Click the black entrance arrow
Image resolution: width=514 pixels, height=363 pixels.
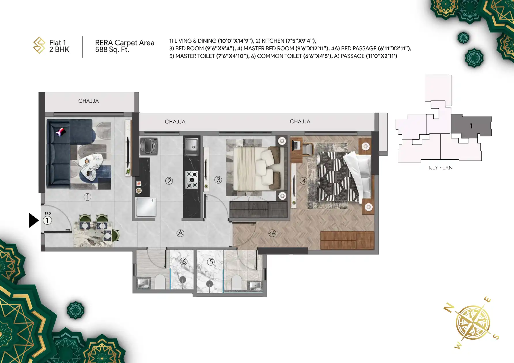coord(33,220)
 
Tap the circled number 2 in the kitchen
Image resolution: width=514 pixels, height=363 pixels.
coord(169,181)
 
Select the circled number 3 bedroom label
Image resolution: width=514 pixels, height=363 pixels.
coord(218,180)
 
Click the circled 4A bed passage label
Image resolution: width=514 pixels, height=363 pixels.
coord(272,233)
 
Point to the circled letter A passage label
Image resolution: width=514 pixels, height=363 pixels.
coord(180,233)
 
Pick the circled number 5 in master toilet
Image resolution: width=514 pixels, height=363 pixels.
coord(211,262)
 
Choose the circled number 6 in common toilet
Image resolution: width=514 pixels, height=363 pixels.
coord(184,261)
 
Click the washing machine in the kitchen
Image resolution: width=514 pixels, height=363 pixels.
coord(149,146)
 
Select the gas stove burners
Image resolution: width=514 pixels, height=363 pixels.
coord(192,180)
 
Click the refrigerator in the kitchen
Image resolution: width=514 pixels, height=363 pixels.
coord(146,207)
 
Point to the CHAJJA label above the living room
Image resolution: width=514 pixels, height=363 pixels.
coord(88,101)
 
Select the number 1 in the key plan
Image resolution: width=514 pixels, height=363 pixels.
coord(471,126)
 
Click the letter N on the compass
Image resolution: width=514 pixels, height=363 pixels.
coord(449,308)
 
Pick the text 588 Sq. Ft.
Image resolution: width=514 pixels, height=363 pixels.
coord(112,49)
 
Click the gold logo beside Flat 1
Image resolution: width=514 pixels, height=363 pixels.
coord(39,45)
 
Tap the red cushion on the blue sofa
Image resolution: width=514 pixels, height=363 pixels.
coord(61,132)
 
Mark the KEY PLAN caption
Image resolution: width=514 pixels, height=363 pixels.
coord(441,168)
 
